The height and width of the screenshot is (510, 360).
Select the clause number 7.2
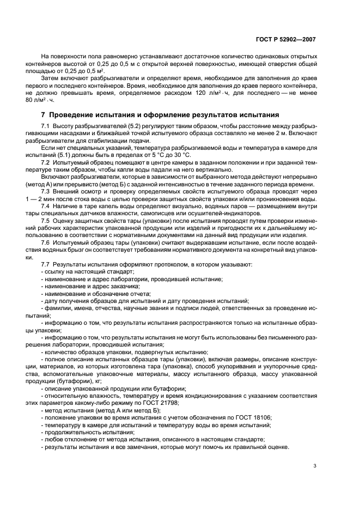point(45,162)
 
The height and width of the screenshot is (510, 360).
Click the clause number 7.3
point(45,192)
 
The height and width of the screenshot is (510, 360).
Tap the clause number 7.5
point(45,222)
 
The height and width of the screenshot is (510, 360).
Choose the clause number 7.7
point(45,264)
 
